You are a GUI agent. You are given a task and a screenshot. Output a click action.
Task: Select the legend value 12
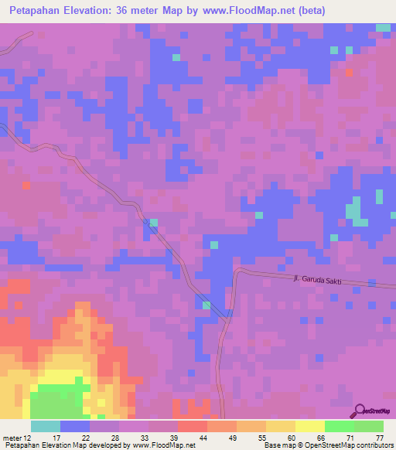point(27,438)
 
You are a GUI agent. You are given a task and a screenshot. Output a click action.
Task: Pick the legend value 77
point(379,438)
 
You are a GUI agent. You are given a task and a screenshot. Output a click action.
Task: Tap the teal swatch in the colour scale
point(46,426)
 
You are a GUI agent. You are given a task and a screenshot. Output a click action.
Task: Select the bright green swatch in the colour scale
point(340,426)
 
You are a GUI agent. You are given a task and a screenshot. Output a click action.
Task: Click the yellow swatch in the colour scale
point(310,426)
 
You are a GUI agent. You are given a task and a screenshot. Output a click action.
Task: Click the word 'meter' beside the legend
point(12,438)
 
